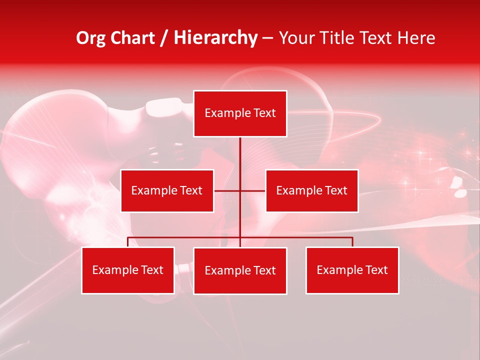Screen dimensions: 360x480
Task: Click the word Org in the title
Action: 91,38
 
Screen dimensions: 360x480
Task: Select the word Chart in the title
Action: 133,38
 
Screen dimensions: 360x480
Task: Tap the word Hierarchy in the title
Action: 215,38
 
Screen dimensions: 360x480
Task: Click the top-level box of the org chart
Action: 240,113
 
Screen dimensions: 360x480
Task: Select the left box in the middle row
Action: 167,190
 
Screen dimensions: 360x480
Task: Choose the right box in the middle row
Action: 311,190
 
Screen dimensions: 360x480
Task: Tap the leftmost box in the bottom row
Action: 127,270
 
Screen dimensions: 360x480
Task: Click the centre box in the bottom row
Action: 240,270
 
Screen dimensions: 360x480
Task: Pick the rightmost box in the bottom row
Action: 352,270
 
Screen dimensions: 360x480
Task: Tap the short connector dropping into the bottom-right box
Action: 352,242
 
